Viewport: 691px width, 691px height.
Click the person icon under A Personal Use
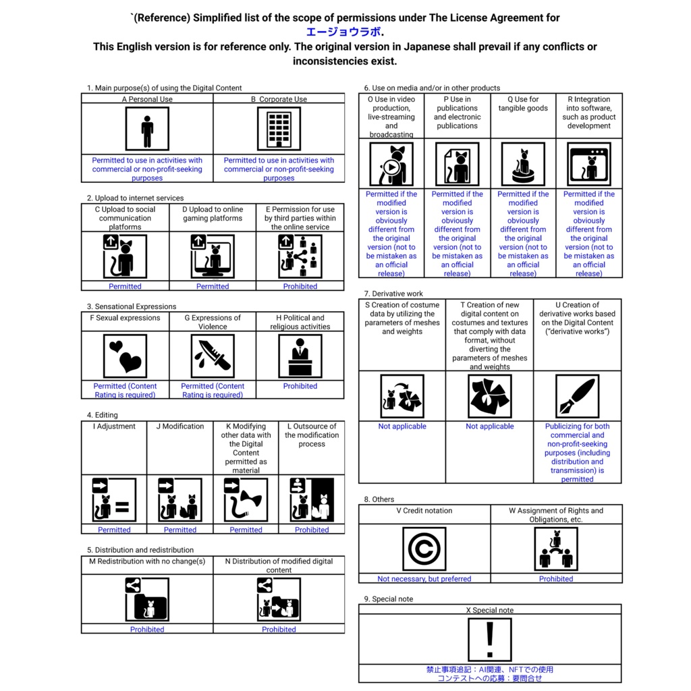point(147,130)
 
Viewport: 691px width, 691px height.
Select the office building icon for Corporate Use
point(279,130)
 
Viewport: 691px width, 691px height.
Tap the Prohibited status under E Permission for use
point(300,286)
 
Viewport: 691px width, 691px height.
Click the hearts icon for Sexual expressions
point(126,356)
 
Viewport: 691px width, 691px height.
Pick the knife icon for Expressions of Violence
point(213,356)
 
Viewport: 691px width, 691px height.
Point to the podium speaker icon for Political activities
point(300,356)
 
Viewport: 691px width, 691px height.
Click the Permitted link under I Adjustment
point(114,530)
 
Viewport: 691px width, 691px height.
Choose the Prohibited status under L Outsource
point(312,530)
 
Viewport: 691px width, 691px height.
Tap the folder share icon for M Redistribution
point(147,600)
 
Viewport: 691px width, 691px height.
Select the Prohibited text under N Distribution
point(279,630)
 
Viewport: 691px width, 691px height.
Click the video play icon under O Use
point(391,165)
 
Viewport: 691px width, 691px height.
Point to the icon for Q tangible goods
point(523,165)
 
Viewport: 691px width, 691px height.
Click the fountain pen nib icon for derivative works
point(577,397)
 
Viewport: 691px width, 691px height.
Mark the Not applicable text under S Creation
point(402,426)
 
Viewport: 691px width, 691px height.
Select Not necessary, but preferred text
point(424,579)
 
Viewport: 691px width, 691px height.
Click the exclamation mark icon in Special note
point(490,639)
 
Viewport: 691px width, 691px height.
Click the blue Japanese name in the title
point(343,32)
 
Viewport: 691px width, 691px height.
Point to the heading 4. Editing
point(103,415)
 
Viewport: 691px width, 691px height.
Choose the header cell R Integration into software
point(589,112)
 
